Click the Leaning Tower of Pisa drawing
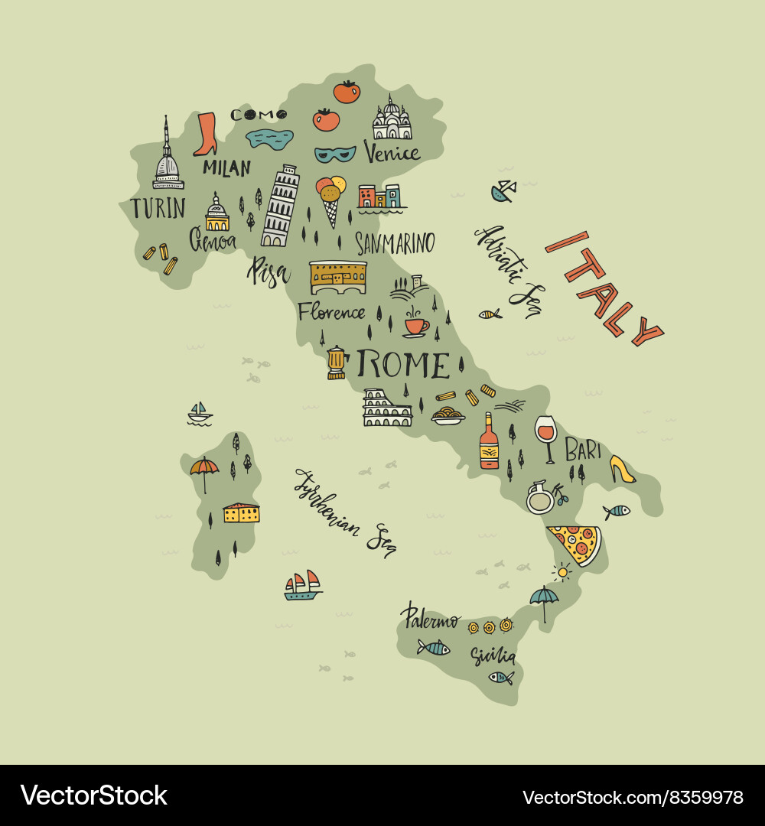tap(279, 206)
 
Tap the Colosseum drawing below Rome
tap(387, 408)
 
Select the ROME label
tap(403, 365)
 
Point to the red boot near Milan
tap(205, 135)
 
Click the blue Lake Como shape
tap(269, 139)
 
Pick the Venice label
tap(392, 152)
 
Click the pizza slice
tap(576, 543)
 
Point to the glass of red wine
tap(545, 437)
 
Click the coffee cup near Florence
tap(415, 324)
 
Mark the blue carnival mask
tap(335, 154)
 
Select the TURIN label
tap(158, 208)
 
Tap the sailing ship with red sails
tap(303, 585)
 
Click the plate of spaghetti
tap(448, 417)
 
